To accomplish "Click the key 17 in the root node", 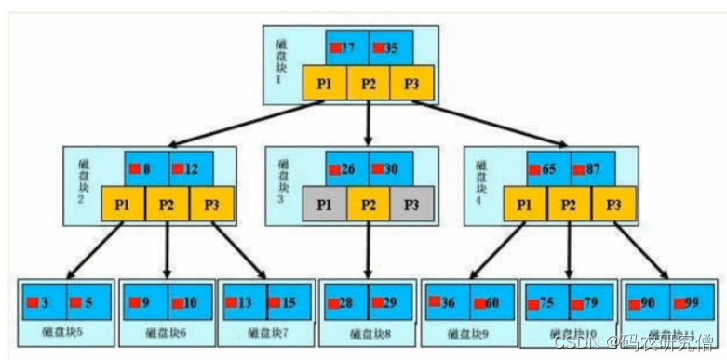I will click(346, 47).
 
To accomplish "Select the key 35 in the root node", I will click(390, 47).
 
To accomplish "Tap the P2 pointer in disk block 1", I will click(369, 84).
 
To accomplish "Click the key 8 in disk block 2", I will click(146, 168).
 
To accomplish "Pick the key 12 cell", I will click(190, 168).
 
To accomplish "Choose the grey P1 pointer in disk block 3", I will click(325, 204).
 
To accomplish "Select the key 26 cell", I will click(346, 168).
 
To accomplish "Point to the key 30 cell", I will click(390, 168).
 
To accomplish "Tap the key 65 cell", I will click(548, 168).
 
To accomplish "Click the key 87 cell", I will click(592, 168).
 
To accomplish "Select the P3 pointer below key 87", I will click(614, 204).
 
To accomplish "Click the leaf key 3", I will click(43, 301).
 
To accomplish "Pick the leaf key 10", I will click(189, 301).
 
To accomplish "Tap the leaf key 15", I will click(289, 301).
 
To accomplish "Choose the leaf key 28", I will click(345, 301).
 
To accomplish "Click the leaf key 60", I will click(491, 301).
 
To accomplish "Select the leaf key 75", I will click(547, 301).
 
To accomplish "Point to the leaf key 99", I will click(691, 301).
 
